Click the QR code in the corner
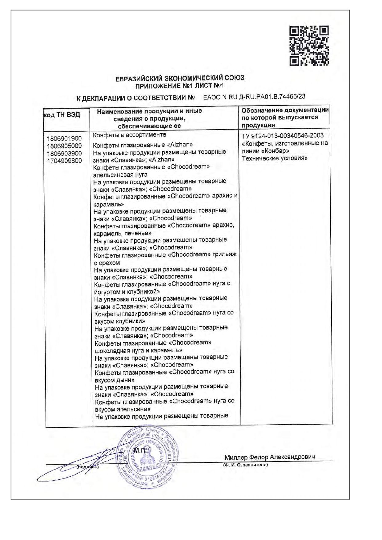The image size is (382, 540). (309, 46)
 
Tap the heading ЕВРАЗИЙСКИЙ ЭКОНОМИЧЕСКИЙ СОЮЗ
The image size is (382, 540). (180, 78)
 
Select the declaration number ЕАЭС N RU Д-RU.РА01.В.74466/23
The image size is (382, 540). (254, 97)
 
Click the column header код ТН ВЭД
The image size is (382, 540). (62, 115)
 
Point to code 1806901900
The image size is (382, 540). (64, 138)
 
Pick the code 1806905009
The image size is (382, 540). (64, 146)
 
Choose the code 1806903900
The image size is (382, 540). (64, 153)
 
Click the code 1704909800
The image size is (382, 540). (64, 161)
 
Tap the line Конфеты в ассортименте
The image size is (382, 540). (129, 135)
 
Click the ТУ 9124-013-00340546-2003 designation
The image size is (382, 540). (283, 136)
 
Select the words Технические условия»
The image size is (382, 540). (275, 158)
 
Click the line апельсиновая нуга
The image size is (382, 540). (120, 175)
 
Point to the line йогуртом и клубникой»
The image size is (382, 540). (127, 292)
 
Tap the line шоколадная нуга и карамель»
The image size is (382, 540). (138, 350)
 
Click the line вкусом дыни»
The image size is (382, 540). (115, 380)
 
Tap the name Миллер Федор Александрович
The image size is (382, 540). (270, 457)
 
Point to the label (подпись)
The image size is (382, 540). (88, 467)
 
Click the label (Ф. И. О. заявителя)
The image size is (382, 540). (245, 465)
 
